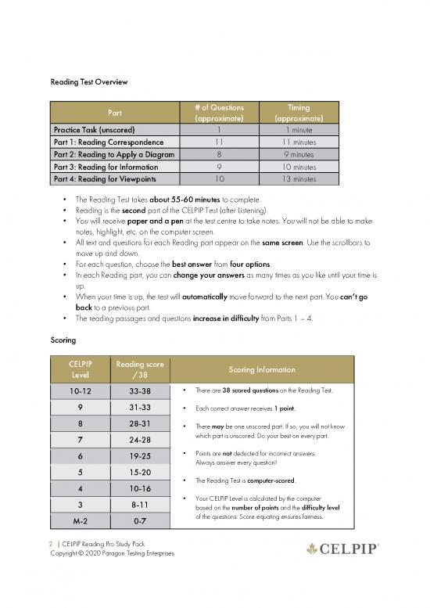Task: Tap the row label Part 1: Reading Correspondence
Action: pos(108,142)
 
